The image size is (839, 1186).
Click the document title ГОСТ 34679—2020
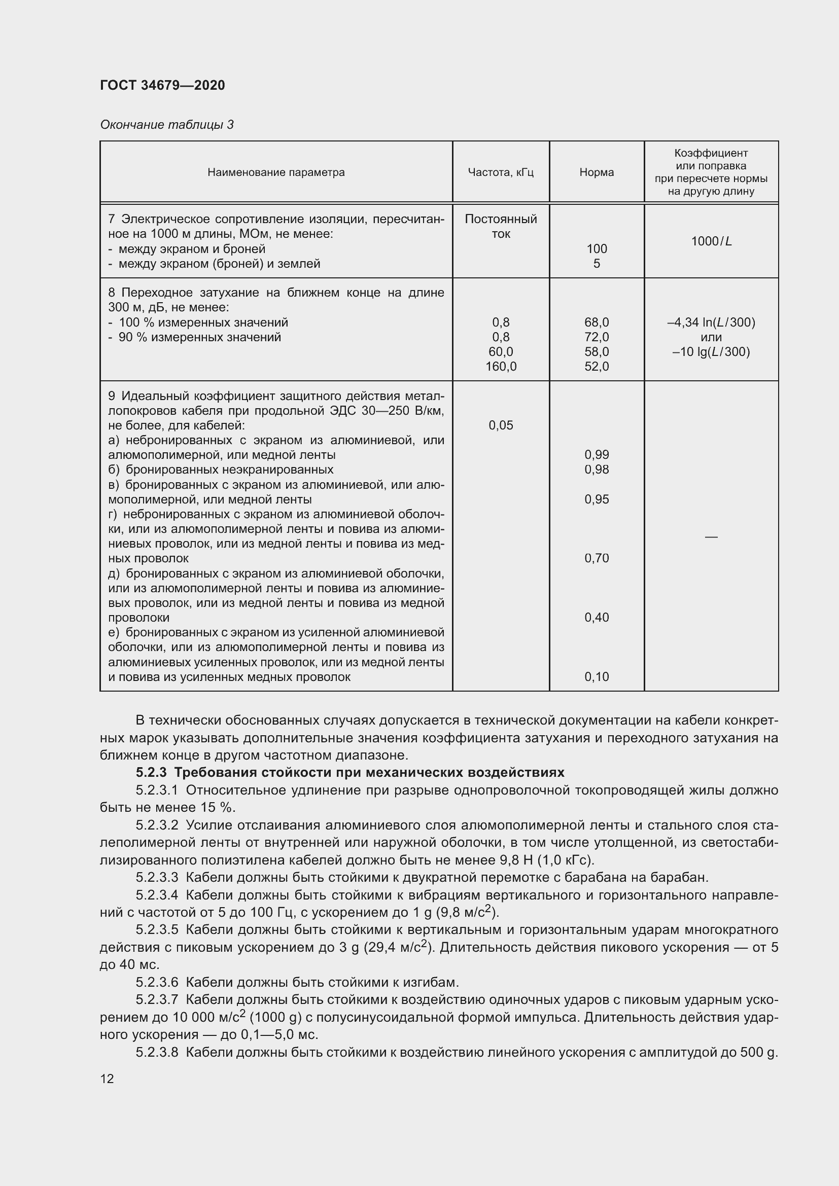pos(162,85)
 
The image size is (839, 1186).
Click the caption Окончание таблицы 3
pos(166,125)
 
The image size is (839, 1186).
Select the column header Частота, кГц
pos(500,172)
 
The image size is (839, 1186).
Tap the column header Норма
pos(596,172)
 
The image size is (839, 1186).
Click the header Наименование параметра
pos(276,172)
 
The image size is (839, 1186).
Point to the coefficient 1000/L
pos(711,241)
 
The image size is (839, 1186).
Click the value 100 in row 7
pos(596,249)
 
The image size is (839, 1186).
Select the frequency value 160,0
pos(501,367)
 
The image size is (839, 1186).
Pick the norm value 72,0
pos(596,337)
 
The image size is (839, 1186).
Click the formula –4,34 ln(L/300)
pos(711,322)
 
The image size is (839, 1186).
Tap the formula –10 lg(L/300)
pos(711,352)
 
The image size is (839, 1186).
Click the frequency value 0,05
pos(501,425)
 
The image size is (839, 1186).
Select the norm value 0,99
pos(596,455)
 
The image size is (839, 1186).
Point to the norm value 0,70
pos(596,558)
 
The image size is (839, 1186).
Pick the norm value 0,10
pos(596,677)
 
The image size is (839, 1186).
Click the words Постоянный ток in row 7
pos(501,226)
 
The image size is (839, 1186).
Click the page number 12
pos(107,1079)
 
